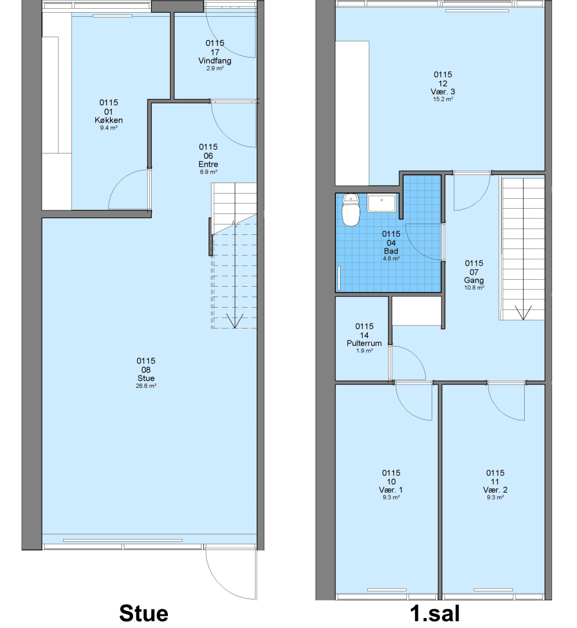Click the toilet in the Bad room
[x=351, y=210]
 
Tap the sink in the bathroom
[x=382, y=203]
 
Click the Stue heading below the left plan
[x=144, y=613]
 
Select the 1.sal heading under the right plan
[x=435, y=613]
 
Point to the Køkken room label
[x=109, y=120]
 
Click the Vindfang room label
[x=215, y=61]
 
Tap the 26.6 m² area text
[x=146, y=386]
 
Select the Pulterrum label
[x=364, y=343]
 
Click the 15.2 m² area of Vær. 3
[x=443, y=99]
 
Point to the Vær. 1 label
[x=391, y=490]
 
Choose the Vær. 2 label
[x=495, y=490]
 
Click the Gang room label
[x=474, y=280]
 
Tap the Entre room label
[x=209, y=164]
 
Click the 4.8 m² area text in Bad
[x=391, y=259]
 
